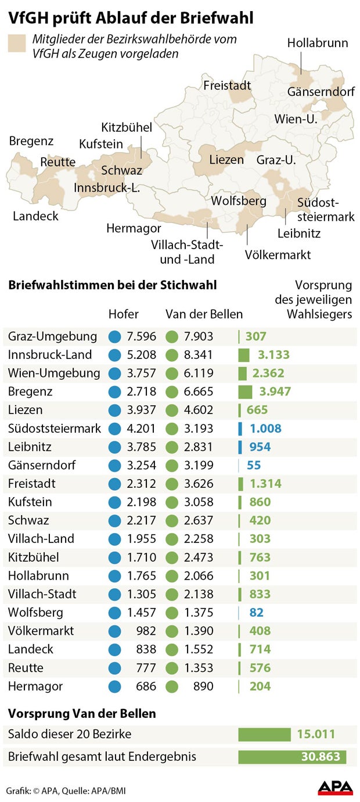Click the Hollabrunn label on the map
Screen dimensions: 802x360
(x=318, y=44)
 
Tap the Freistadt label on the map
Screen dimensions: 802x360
(x=227, y=86)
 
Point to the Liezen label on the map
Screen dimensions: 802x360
(x=226, y=160)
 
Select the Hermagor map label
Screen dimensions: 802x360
(x=134, y=228)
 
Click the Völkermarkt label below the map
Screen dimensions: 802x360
(x=278, y=255)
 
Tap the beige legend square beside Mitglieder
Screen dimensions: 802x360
(x=17, y=44)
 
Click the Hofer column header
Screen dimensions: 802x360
(x=124, y=314)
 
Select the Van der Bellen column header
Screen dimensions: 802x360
(x=204, y=314)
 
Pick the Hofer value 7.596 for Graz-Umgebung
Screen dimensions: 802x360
(x=141, y=336)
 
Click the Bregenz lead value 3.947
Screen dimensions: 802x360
(x=273, y=391)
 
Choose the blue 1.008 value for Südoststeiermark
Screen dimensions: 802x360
(x=265, y=429)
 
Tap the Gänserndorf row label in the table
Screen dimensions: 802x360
(x=42, y=465)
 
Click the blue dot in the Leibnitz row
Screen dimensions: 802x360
(x=115, y=447)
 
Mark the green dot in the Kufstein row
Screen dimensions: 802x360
(x=171, y=502)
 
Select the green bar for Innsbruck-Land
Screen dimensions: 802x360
(x=244, y=355)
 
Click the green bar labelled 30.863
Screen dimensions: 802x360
(x=293, y=757)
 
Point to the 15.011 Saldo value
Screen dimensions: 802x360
(x=316, y=734)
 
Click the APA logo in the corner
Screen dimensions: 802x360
(x=335, y=787)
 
